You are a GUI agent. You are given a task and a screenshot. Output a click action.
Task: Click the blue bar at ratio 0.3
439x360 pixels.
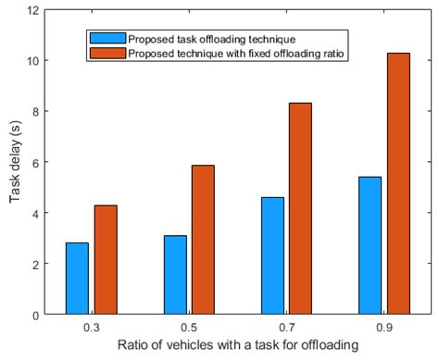coord(77,279)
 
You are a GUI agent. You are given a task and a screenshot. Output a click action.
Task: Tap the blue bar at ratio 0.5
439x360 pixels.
coord(175,275)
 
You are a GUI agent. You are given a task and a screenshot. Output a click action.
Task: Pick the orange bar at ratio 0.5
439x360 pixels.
coord(203,240)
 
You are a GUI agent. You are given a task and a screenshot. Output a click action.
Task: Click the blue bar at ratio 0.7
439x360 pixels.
coord(272,255)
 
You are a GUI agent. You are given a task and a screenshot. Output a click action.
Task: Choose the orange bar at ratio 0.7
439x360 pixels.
coord(300,208)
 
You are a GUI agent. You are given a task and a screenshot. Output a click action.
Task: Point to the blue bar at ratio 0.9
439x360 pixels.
coord(370,245)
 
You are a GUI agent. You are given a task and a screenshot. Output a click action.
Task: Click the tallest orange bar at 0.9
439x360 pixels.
coord(397,183)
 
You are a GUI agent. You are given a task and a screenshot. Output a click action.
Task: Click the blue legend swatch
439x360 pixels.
coord(100,39)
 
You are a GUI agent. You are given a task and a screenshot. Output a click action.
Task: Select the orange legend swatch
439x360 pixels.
coord(100,53)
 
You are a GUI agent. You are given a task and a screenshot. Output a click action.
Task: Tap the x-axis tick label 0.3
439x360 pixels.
coord(91,328)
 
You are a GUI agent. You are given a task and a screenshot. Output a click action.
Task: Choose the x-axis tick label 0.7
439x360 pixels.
coord(286,328)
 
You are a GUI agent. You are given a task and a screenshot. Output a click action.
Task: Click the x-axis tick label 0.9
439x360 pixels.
coord(383,328)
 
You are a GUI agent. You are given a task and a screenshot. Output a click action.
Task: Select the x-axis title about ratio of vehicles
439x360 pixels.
coord(237,346)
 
